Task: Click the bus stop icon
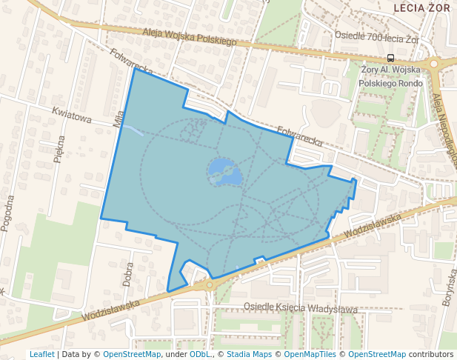point(390,58)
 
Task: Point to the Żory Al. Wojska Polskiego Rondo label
point(390,76)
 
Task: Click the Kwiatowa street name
point(71,116)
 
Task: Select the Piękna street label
point(61,149)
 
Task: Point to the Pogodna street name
point(9,213)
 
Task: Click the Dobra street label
point(128,273)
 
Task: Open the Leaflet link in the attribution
point(41,354)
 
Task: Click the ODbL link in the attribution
point(200,354)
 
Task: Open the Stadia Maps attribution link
point(249,354)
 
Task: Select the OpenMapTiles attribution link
point(311,354)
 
